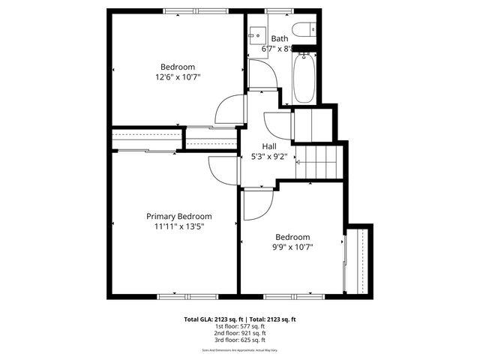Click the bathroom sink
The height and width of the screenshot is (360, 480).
pyautogui.click(x=256, y=33)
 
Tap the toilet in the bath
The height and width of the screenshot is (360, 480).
pyautogui.click(x=305, y=31)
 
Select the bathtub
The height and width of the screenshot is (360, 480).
pyautogui.click(x=304, y=76)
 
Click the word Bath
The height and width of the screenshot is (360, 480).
pyautogui.click(x=279, y=39)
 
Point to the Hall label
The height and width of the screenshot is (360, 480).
pyautogui.click(x=269, y=146)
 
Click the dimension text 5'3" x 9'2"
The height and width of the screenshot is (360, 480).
pyautogui.click(x=269, y=157)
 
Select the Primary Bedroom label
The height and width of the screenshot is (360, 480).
pyautogui.click(x=178, y=216)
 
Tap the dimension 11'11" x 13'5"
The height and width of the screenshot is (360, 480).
pyautogui.click(x=178, y=226)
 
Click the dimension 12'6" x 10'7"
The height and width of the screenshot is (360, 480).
pyautogui.click(x=177, y=76)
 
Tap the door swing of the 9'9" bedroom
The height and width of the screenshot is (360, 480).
pyautogui.click(x=258, y=204)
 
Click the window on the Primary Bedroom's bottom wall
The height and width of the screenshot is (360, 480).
pyautogui.click(x=178, y=296)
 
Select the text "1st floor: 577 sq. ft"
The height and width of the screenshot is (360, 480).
pyautogui.click(x=240, y=326)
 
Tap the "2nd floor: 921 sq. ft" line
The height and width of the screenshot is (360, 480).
pyautogui.click(x=240, y=334)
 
